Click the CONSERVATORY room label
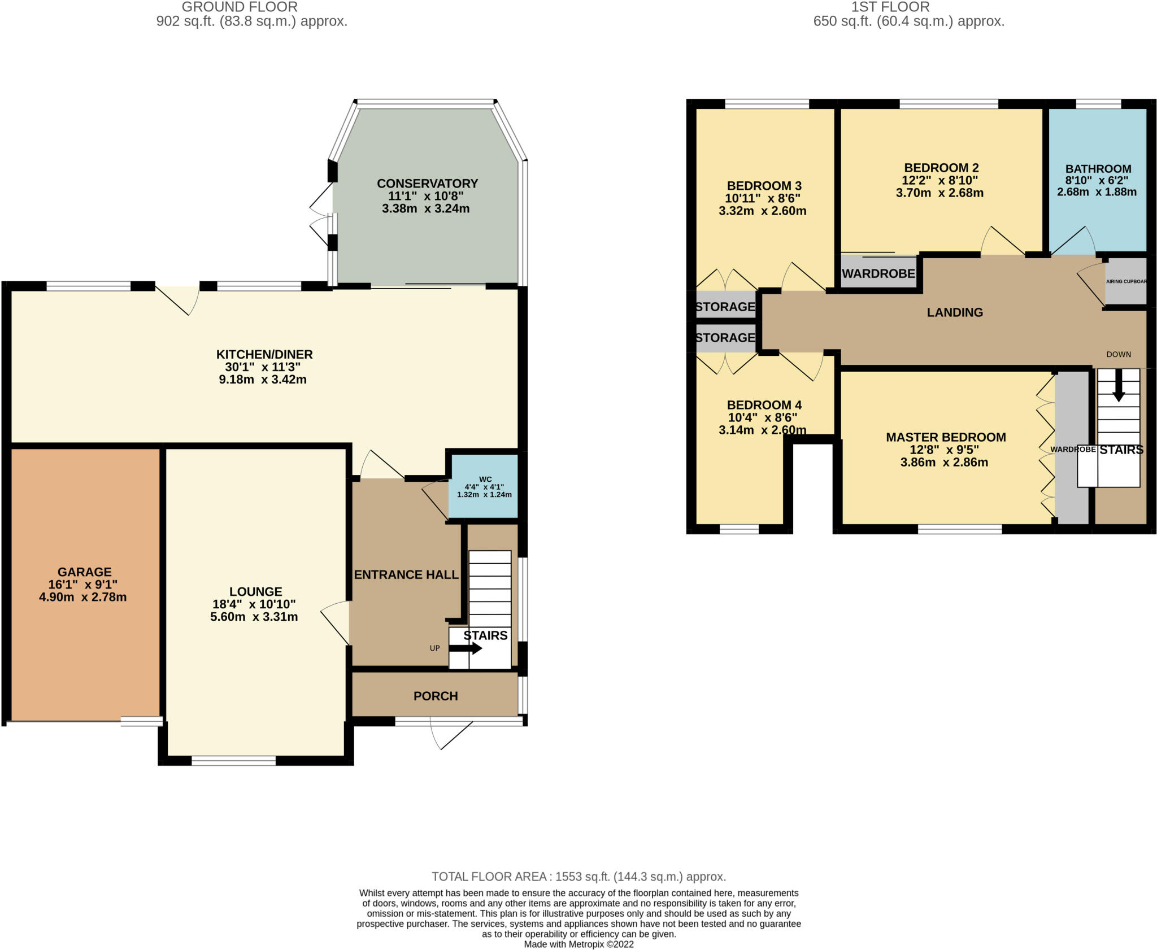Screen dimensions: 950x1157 (427, 184)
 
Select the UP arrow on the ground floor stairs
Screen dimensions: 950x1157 (465, 648)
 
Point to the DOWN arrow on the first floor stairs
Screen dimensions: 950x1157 (1118, 390)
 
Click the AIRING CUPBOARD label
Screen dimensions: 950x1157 (1126, 281)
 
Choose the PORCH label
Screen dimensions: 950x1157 (435, 696)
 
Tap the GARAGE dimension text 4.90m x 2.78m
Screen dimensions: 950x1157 (82, 597)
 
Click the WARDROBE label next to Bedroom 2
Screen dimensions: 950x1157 (878, 274)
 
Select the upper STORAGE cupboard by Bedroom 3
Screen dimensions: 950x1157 (725, 307)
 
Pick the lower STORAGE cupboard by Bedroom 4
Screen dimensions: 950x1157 (725, 338)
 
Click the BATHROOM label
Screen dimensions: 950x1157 (1098, 169)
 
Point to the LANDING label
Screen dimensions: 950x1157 (954, 312)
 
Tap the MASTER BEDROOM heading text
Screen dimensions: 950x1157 (945, 437)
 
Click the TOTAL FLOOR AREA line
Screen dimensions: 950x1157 (578, 877)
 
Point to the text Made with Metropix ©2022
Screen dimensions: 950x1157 (578, 944)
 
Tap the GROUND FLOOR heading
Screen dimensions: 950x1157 (240, 7)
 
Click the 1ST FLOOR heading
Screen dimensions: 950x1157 (890, 7)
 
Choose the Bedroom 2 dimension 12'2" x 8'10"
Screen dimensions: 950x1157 (939, 180)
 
